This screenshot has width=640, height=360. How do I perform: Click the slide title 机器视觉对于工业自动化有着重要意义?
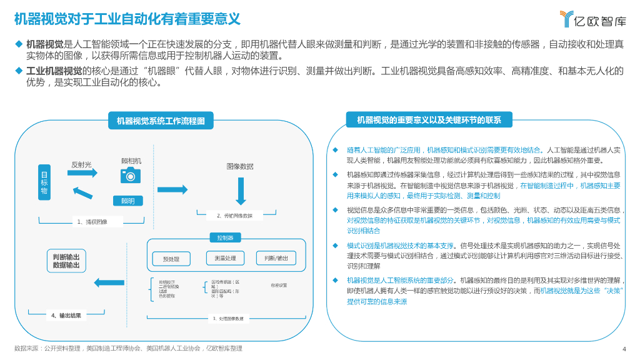[127, 19]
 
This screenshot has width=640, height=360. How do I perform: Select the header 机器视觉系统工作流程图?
[161, 121]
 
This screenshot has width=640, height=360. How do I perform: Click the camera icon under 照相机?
[131, 175]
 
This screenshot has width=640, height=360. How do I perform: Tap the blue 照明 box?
[127, 201]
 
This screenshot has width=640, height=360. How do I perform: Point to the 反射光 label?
[81, 165]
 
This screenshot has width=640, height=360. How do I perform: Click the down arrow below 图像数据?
[239, 191]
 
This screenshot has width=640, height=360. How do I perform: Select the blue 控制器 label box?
[225, 238]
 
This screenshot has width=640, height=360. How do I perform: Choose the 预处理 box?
[171, 259]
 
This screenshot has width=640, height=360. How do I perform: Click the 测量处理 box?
[225, 258]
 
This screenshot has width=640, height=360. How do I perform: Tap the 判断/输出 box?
[276, 258]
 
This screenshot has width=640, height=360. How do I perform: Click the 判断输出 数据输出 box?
[66, 261]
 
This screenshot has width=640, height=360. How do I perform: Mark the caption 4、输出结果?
[66, 316]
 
